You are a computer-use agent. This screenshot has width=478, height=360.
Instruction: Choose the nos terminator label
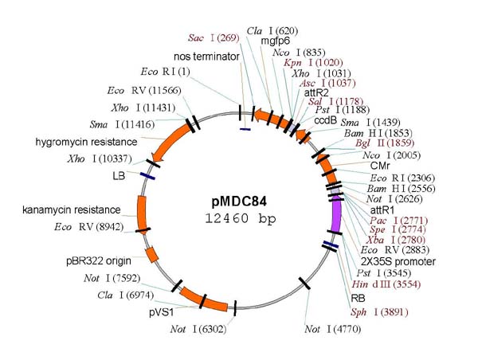pyautogui.click(x=203, y=57)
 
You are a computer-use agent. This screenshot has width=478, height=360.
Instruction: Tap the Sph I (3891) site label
pyautogui.click(x=377, y=312)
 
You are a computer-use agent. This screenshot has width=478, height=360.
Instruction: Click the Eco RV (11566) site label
pyautogui.click(x=143, y=90)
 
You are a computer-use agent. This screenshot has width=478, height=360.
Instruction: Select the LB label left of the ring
pyautogui.click(x=120, y=174)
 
